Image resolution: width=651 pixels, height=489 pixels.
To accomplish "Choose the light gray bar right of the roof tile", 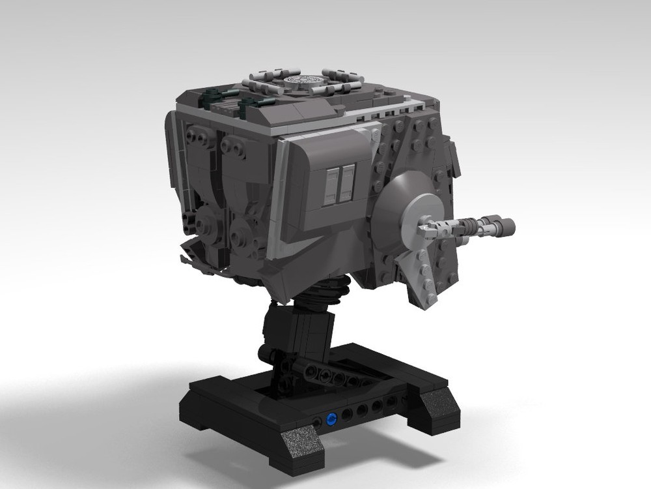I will coord(341,88).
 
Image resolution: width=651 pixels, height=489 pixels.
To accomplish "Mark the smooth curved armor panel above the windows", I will coord(325,150).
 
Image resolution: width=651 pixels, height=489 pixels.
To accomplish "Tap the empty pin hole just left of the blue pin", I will coord(317,422).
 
